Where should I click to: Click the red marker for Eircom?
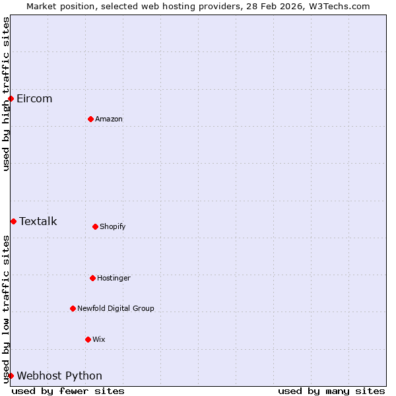(11, 99)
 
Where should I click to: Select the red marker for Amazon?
(90, 119)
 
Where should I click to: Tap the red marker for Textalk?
(13, 221)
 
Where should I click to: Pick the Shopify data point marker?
(95, 226)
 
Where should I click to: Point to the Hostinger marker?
(92, 278)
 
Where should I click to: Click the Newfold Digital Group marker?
(73, 308)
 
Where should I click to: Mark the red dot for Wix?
(88, 339)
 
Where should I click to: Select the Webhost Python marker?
(11, 376)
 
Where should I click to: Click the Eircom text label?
(34, 99)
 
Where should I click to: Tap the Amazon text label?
(109, 119)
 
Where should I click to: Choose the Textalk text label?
(38, 221)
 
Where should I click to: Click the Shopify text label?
(113, 226)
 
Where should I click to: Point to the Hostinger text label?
(114, 278)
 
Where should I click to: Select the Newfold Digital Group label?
(115, 308)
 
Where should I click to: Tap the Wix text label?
(99, 339)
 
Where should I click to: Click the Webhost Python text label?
(59, 376)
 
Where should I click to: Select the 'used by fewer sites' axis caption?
(68, 391)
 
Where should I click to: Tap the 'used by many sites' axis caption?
(331, 391)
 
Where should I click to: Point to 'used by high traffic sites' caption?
(6, 94)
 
